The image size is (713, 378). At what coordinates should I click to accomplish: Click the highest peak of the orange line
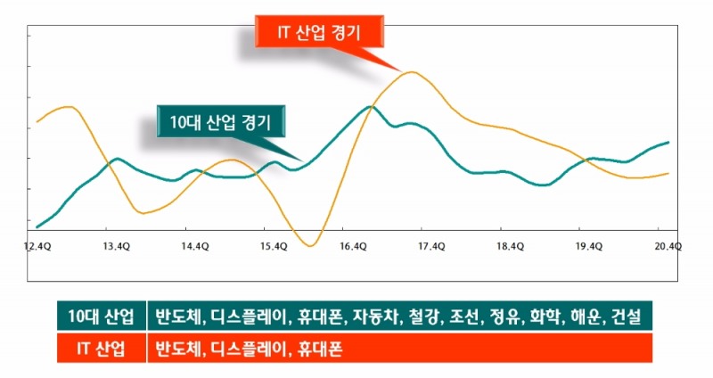pyautogui.click(x=411, y=72)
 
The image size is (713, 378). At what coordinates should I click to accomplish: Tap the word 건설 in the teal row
pyautogui.click(x=627, y=316)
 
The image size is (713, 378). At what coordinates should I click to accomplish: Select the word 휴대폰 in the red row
pyautogui.click(x=318, y=348)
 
